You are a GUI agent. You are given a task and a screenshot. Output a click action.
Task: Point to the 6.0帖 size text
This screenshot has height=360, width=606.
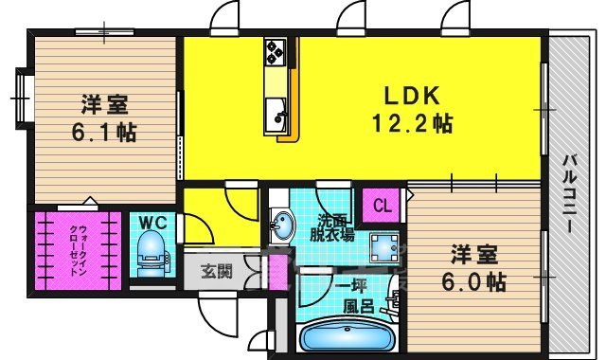[472, 281]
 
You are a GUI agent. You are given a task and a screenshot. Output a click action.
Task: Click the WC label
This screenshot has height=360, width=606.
[152, 223]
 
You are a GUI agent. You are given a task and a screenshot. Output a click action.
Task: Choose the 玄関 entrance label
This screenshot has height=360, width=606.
[216, 273]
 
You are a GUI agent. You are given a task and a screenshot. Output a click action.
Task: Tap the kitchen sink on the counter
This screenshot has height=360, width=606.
[278, 117]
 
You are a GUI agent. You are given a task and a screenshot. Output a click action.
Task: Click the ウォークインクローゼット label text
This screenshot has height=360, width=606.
[75, 251]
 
